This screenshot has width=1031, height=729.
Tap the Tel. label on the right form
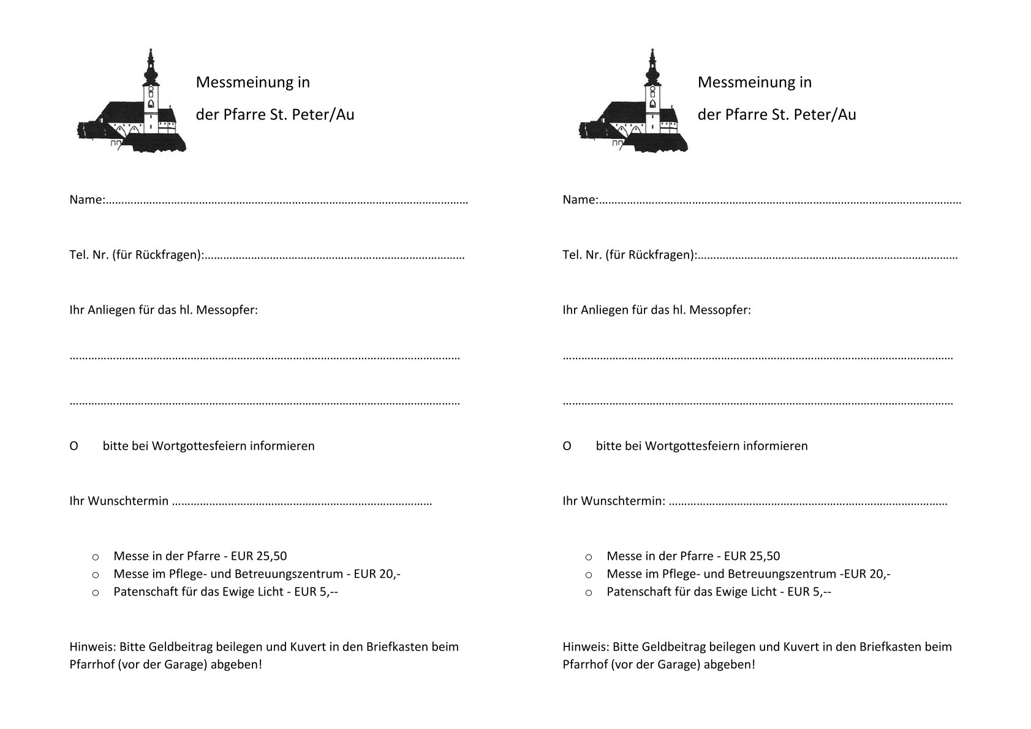click(x=572, y=255)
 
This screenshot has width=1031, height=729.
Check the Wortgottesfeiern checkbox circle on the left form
click(x=74, y=446)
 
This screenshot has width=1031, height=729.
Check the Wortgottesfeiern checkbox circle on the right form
click(x=567, y=446)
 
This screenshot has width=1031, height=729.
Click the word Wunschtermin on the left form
click(x=128, y=501)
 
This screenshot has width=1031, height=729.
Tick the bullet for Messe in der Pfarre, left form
click(x=96, y=557)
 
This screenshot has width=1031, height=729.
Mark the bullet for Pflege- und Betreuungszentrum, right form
click(x=589, y=575)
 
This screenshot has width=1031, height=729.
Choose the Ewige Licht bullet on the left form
click(x=96, y=593)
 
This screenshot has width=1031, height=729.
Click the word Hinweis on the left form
click(x=92, y=647)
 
